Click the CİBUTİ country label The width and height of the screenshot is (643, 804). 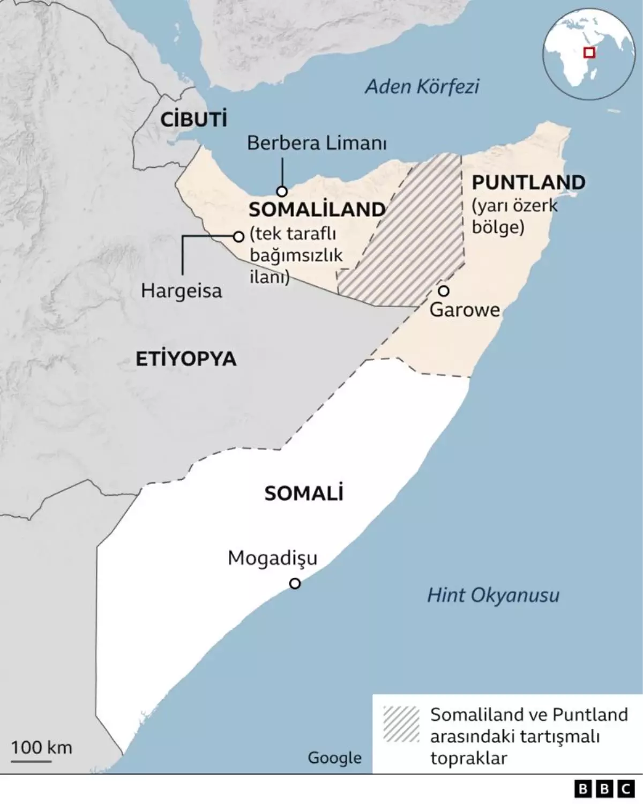pos(194,120)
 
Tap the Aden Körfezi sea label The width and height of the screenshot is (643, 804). pos(422,87)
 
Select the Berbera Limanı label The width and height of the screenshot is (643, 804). pos(317,143)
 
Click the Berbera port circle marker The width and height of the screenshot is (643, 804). pos(282,191)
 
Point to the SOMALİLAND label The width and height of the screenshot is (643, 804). pos(317,210)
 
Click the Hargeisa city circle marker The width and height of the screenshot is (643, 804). pos(239,236)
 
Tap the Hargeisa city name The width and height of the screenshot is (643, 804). pos(181,291)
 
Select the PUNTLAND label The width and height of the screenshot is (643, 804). pos(528,182)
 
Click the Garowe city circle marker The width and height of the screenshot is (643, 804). pos(444,291)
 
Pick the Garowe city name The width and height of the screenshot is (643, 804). pos(465,310)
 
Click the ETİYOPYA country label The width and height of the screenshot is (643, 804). pos(185,359)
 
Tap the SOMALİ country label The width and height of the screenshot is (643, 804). pos(303,494)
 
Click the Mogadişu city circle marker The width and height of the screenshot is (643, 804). pos(295,583)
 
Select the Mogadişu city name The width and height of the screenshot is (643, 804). pos(272,559)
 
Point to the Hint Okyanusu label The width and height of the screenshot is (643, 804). pos(493,595)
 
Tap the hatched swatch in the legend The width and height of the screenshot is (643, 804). pos(401,724)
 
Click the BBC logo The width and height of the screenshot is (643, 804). pos(604,789)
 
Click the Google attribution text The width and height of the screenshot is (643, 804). pos(334,758)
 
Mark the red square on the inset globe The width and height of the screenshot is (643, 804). pos(589,53)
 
